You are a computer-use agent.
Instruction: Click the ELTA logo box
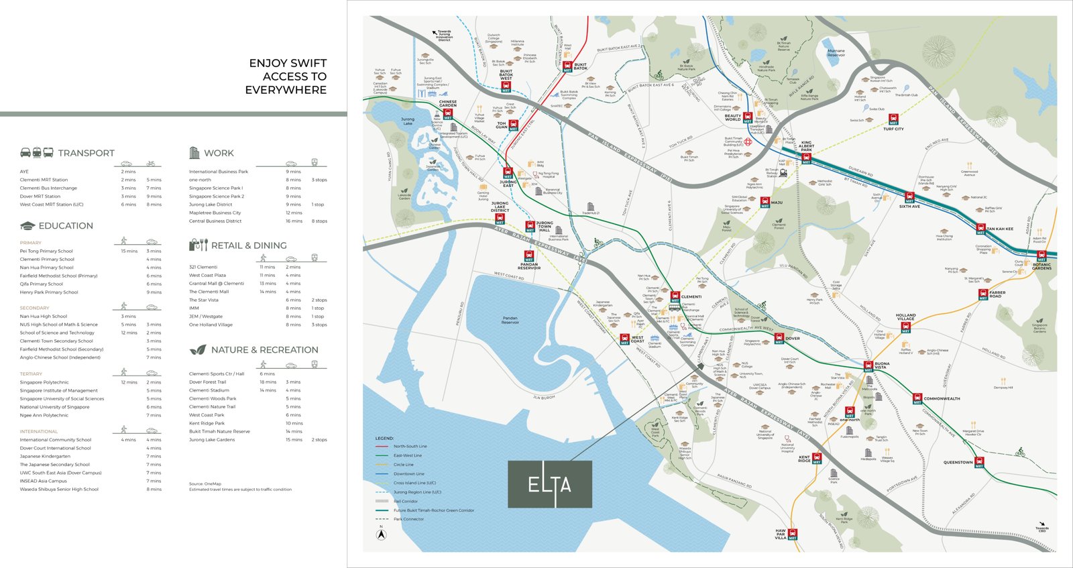click(x=549, y=484)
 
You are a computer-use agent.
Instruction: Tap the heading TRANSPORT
click(x=86, y=154)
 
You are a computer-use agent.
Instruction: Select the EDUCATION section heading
click(x=66, y=226)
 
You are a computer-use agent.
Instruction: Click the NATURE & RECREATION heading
click(x=264, y=350)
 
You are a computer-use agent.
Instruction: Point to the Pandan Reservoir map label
click(x=510, y=320)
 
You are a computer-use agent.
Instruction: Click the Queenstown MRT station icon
click(x=979, y=461)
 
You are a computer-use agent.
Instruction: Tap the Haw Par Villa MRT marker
click(x=793, y=534)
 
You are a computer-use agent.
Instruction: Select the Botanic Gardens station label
click(x=1041, y=266)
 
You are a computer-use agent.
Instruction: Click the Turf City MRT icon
click(x=893, y=120)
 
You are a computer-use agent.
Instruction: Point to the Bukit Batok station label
click(x=580, y=66)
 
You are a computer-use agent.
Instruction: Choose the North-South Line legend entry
click(x=410, y=446)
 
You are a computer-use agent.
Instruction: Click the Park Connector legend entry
click(x=408, y=519)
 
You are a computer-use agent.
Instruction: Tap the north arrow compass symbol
click(x=381, y=534)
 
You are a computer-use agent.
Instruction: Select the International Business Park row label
click(x=218, y=172)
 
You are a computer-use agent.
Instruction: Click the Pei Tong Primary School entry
click(x=46, y=251)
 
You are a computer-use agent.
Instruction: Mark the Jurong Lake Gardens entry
click(x=211, y=440)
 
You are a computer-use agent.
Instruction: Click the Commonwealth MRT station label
click(x=942, y=398)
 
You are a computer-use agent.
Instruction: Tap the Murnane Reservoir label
click(x=836, y=52)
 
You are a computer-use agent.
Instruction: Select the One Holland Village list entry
click(x=211, y=325)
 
